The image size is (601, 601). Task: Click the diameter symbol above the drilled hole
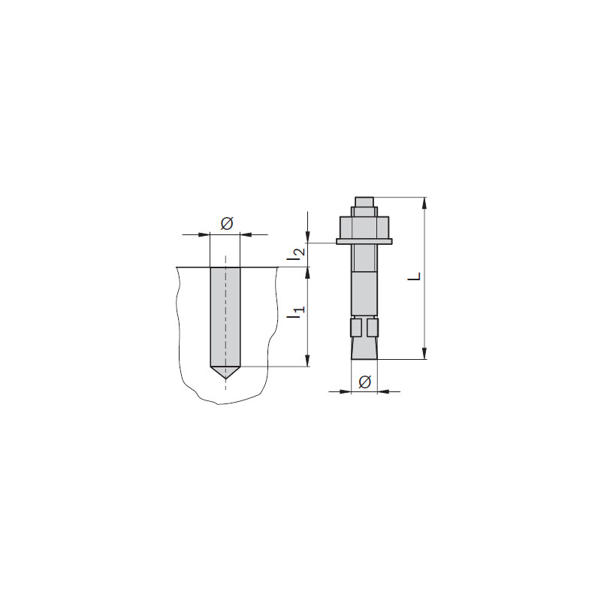[x=227, y=223]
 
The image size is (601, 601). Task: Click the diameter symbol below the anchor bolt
[x=364, y=382]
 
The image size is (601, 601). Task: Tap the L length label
[x=415, y=276]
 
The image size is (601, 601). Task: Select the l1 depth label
[x=297, y=313]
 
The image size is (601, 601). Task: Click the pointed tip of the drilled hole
[x=225, y=379]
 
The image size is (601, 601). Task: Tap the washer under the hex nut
[x=364, y=241]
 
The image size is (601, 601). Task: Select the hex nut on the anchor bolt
[x=364, y=228]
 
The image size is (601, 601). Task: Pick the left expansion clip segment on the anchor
[x=356, y=328]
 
